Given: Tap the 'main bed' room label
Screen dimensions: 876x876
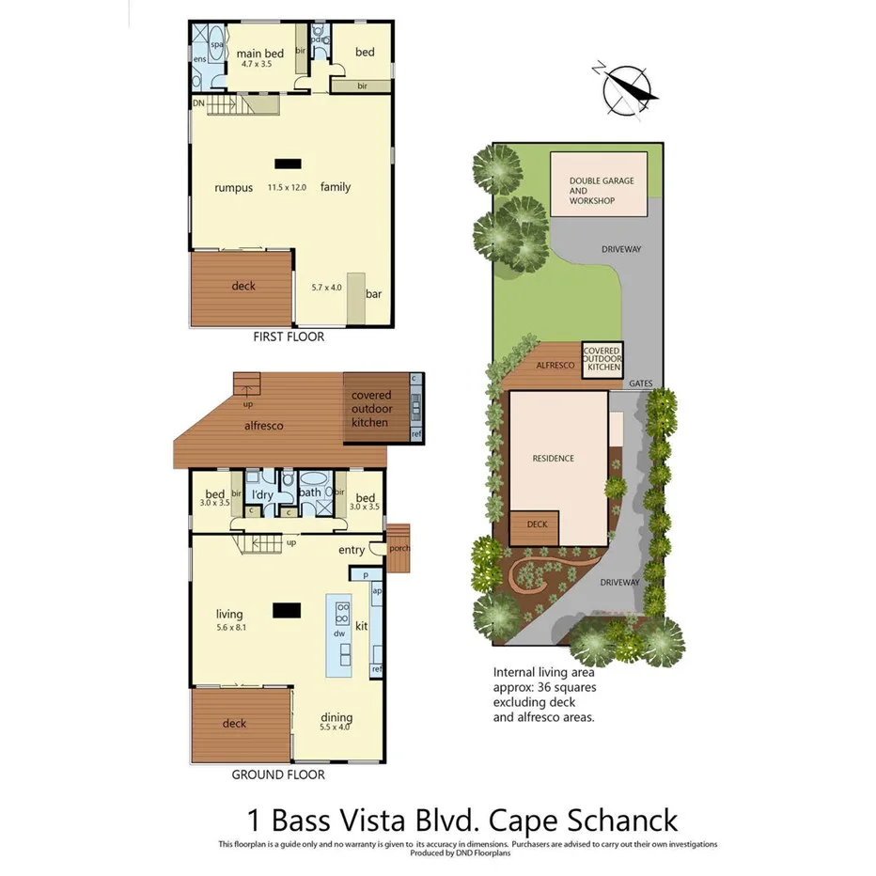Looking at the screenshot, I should [260, 53].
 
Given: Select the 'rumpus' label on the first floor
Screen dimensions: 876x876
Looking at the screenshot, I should [233, 187].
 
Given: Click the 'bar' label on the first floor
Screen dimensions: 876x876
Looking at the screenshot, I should [373, 294].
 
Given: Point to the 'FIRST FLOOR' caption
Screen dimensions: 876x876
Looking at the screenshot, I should [289, 336].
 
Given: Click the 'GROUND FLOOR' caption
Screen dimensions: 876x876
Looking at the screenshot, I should [278, 774].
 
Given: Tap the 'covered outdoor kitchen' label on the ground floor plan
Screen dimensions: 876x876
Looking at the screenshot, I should [370, 409].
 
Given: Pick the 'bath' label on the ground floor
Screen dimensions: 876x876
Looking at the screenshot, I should [310, 492].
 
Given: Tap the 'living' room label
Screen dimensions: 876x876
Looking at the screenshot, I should [228, 614].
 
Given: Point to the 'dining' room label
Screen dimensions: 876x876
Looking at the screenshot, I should [337, 716].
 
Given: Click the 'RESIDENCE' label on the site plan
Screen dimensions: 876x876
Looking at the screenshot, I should [553, 459].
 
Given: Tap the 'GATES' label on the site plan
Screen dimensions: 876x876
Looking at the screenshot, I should [640, 383].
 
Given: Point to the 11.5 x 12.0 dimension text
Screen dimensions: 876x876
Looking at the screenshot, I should [287, 187].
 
